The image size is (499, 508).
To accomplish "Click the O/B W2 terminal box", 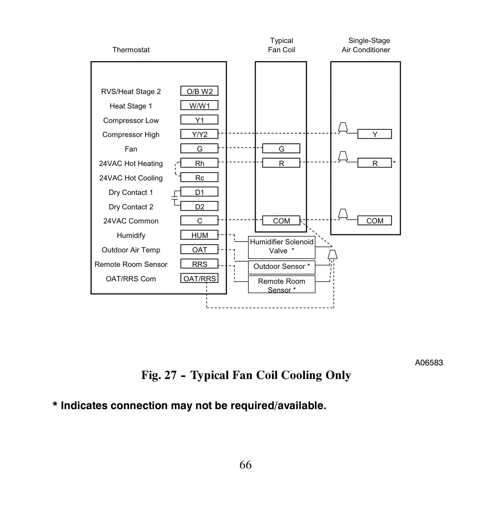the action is [199, 91].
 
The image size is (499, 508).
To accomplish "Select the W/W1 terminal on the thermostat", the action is [199, 105].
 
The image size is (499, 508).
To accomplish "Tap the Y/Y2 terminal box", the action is [199, 134].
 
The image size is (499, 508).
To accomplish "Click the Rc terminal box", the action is [199, 177].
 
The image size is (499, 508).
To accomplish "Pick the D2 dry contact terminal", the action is [199, 206].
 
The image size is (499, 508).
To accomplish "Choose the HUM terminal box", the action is [199, 235].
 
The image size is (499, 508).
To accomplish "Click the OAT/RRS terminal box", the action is [199, 278].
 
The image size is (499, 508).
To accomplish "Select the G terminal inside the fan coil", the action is [281, 148].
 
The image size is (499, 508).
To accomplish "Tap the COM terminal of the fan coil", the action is [281, 220].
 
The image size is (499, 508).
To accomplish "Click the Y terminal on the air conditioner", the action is [374, 134].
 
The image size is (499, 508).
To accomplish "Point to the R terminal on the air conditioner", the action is [374, 163].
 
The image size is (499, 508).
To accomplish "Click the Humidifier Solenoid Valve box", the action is [281, 248].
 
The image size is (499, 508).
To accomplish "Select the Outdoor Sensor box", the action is [281, 267].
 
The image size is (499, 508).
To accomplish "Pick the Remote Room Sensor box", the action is [281, 284].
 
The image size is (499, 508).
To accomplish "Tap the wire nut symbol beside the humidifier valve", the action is [332, 255].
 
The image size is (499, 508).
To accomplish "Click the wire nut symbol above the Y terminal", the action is [343, 127].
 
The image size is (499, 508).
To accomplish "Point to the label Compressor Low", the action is [131, 121].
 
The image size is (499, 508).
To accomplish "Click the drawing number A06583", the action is [429, 363].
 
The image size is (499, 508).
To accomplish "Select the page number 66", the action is [245, 465].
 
